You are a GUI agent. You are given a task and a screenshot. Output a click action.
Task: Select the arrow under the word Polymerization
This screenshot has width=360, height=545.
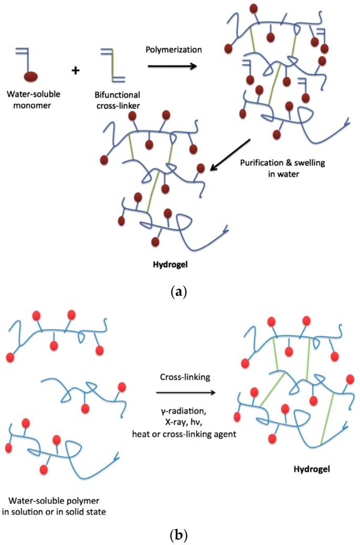(172, 67)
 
